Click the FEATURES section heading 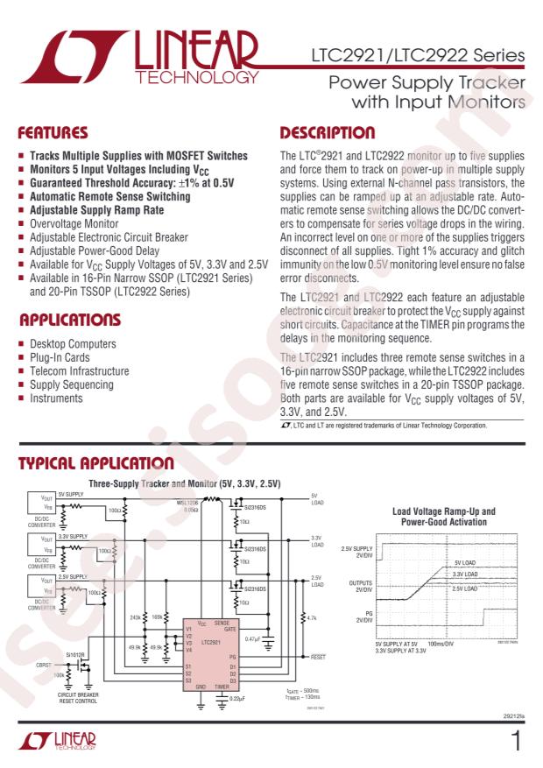(53, 134)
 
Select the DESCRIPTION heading (327, 134)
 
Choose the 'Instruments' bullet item (57, 398)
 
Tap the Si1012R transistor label (77, 654)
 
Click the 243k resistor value (136, 617)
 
